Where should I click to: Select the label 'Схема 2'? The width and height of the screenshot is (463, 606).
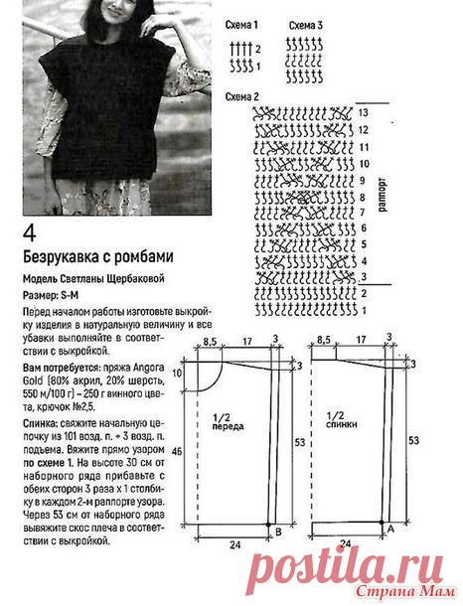[x=242, y=96]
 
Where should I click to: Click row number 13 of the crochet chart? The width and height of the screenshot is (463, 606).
[x=365, y=113]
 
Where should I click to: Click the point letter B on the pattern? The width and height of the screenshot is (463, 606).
[x=277, y=533]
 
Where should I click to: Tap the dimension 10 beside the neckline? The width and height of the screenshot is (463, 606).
[x=176, y=374]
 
